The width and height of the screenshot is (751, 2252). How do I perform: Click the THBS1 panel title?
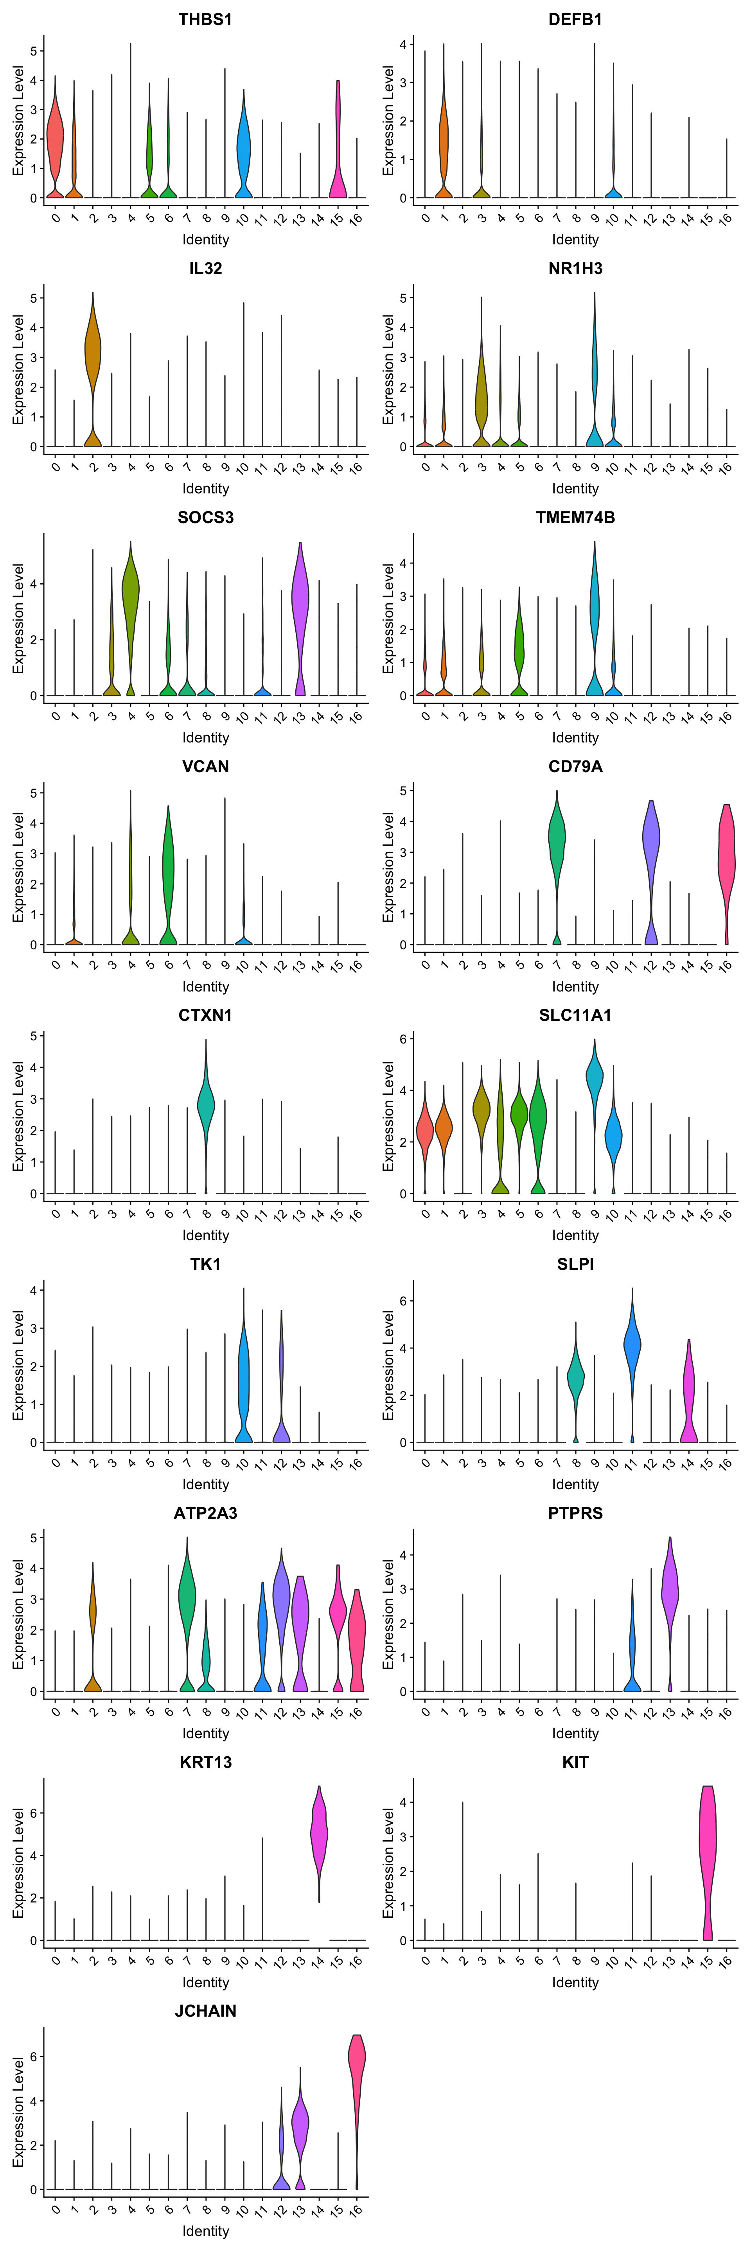205,19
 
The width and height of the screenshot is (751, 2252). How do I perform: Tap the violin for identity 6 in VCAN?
168,866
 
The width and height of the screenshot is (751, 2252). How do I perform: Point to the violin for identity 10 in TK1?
243,1364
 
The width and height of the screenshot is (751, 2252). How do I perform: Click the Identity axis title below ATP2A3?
205,1734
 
